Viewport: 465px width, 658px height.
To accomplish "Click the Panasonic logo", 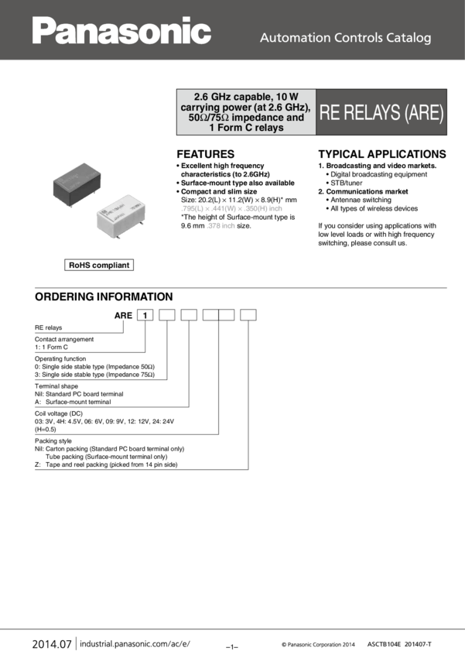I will tap(121, 31).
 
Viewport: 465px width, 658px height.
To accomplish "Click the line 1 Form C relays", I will tap(245, 128).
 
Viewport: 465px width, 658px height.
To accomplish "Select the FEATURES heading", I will tap(205, 154).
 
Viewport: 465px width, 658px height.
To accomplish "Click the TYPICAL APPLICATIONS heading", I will tap(382, 154).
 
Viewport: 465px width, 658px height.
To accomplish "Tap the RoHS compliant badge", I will tap(100, 266).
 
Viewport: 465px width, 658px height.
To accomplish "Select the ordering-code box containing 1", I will tap(145, 315).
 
